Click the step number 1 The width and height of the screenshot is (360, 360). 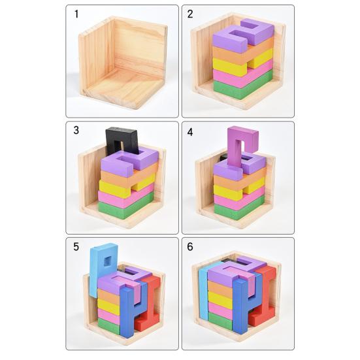pyautogui.click(x=76, y=14)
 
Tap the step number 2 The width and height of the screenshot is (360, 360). pyautogui.click(x=190, y=14)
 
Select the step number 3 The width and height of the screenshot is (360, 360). pyautogui.click(x=76, y=130)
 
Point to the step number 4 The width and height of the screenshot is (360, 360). pyautogui.click(x=190, y=132)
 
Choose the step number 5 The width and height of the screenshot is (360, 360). pyautogui.click(x=76, y=247)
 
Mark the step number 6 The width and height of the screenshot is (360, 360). pyautogui.click(x=190, y=247)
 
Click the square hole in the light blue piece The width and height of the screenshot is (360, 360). pyautogui.click(x=107, y=261)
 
